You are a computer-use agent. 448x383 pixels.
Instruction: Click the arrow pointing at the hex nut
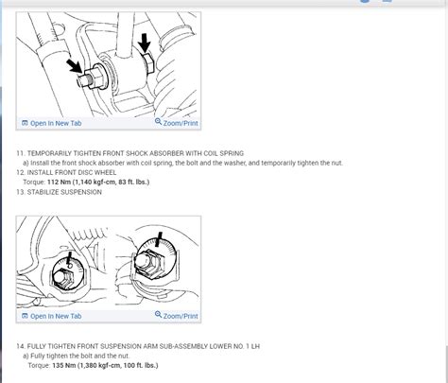pos(145,44)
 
